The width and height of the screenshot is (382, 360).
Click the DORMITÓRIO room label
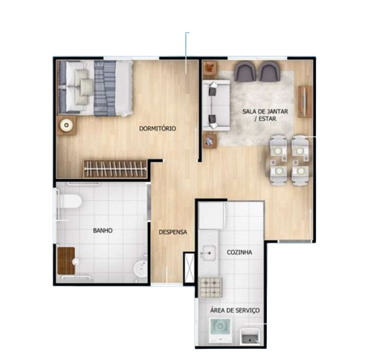pyautogui.click(x=158, y=128)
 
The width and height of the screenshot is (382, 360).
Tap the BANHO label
pyautogui.click(x=103, y=231)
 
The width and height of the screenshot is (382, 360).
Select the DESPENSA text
pyautogui.click(x=173, y=232)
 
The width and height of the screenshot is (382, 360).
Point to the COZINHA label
pyautogui.click(x=239, y=252)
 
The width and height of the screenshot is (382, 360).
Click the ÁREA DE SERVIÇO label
pyautogui.click(x=235, y=310)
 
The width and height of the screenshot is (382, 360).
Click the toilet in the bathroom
pyautogui.click(x=69, y=201)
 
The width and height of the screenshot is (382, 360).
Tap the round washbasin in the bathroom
pyautogui.click(x=140, y=270)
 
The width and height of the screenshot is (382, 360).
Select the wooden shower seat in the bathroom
pyautogui.click(x=66, y=261)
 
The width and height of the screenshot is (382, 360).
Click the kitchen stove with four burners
pyautogui.click(x=211, y=287)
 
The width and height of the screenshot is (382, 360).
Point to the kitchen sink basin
pyautogui.click(x=209, y=253)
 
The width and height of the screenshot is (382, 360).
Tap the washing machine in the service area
pyautogui.click(x=220, y=330)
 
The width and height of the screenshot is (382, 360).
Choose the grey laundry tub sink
pyautogui.click(x=250, y=336)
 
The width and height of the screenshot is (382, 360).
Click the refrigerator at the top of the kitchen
pyautogui.click(x=213, y=215)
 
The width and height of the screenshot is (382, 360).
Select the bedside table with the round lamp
pyautogui.click(x=66, y=125)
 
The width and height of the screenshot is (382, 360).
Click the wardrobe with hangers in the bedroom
pyautogui.click(x=116, y=169)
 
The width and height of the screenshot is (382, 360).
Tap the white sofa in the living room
pyautogui.click(x=216, y=105)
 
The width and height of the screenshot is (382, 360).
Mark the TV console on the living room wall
pyautogui.click(x=305, y=102)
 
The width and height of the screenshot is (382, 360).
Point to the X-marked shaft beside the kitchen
pyautogui.click(x=190, y=268)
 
